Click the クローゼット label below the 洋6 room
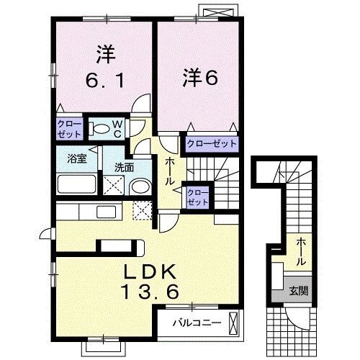[212, 144]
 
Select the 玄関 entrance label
[297, 291]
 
